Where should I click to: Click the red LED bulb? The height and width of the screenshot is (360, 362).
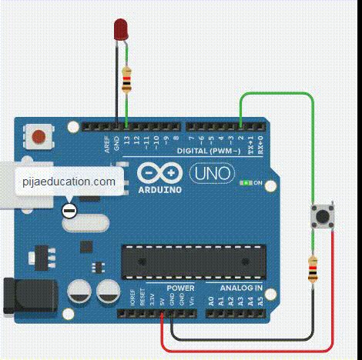120,29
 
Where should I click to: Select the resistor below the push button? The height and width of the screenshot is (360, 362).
312,270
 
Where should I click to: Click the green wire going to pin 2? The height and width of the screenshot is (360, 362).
277,94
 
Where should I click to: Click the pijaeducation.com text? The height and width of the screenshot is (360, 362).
69,182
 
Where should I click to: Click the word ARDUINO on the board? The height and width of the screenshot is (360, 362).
160,188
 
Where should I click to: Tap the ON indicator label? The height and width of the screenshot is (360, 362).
258,183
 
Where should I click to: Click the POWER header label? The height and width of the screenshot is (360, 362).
180,288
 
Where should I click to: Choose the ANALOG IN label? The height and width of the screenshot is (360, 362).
241,288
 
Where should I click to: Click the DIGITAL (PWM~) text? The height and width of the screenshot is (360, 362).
209,152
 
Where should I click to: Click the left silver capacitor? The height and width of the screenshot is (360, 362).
79,292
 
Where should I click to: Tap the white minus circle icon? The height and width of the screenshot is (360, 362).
69,209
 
